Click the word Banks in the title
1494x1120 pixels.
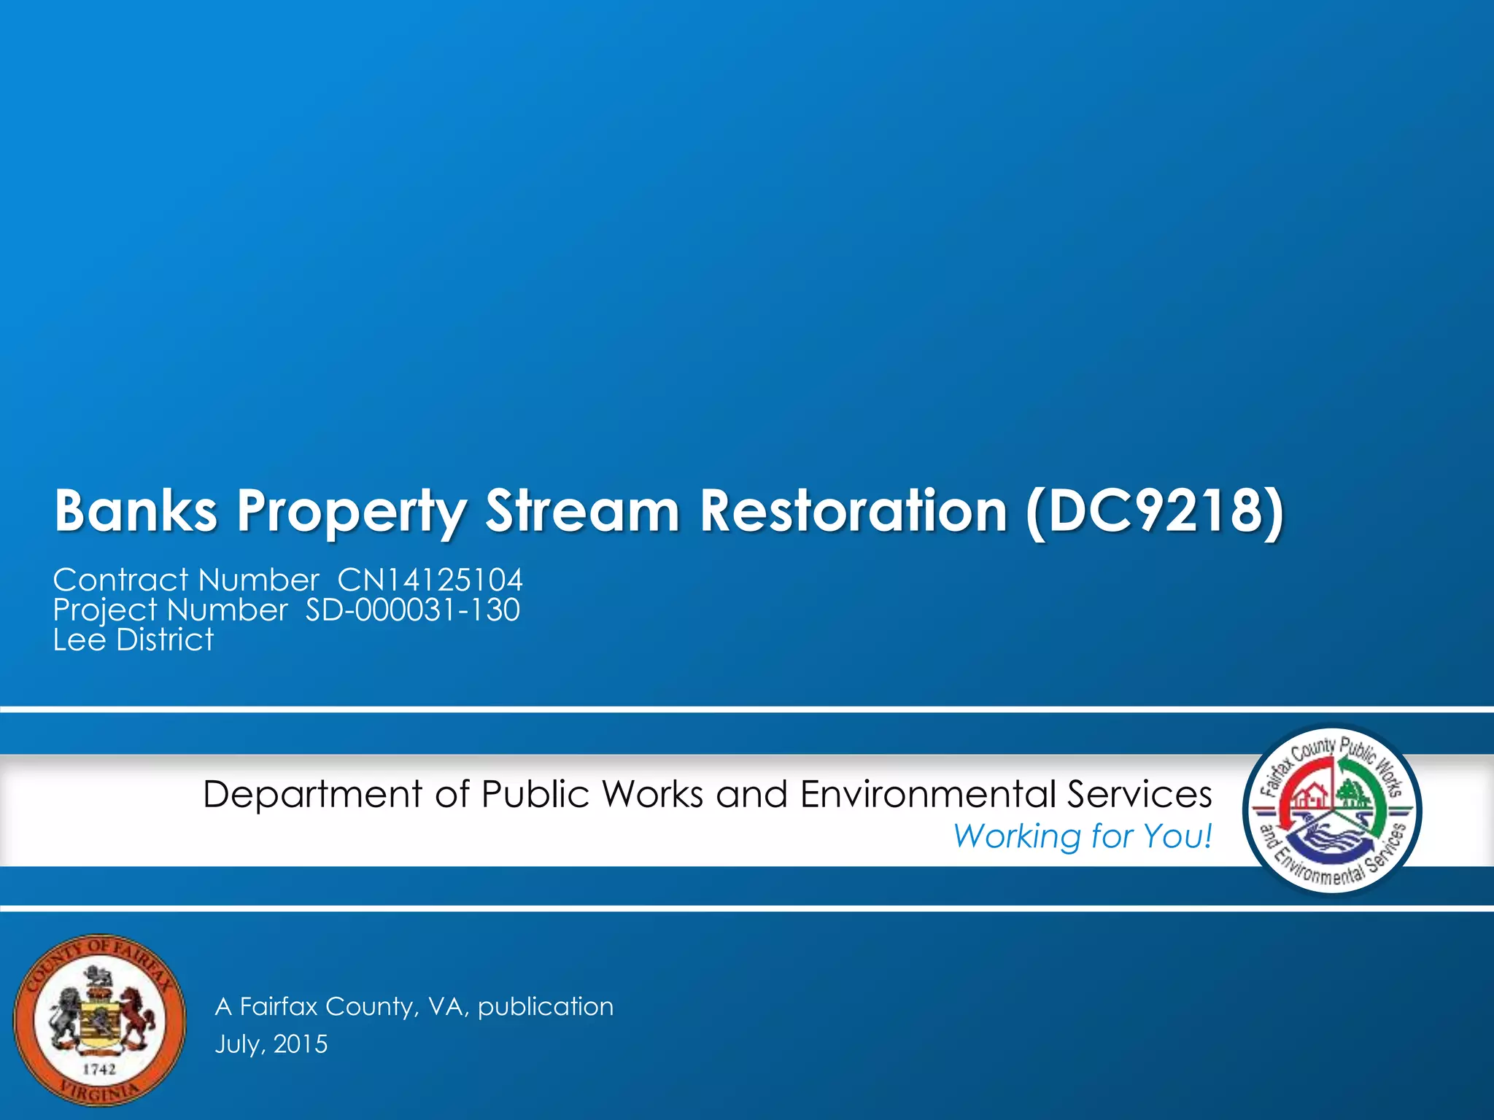136,510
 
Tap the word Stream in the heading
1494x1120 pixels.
583,510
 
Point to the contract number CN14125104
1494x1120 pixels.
430,580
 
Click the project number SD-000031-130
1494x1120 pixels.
412,610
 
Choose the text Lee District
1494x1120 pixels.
133,640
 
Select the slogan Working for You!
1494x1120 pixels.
1083,836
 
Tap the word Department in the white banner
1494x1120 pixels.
312,795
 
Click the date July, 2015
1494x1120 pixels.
271,1044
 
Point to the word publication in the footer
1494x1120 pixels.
546,1007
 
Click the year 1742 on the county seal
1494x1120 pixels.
99,1069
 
